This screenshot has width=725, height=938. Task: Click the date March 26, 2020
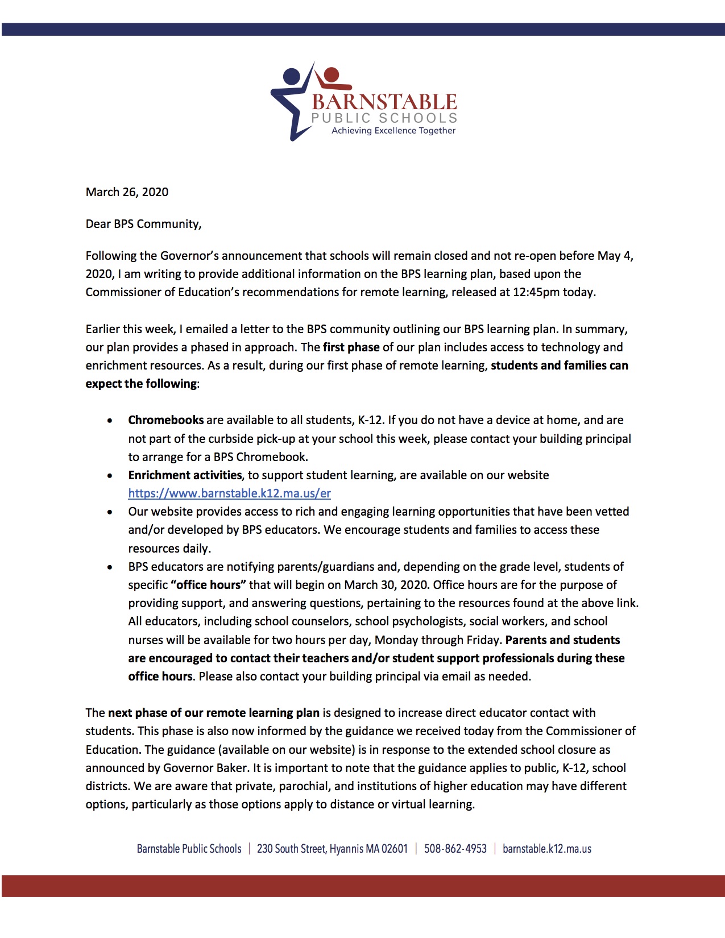pos(127,192)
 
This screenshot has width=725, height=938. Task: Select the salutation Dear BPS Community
pos(143,224)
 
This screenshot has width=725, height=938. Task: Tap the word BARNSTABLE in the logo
pos(384,102)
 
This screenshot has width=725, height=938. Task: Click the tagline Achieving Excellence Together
pos(393,131)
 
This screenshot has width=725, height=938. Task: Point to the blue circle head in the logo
pos(291,77)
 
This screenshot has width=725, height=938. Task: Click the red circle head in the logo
pos(331,73)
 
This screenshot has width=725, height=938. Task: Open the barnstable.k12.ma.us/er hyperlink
pos(229,493)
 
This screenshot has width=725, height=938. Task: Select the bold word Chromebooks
pos(165,420)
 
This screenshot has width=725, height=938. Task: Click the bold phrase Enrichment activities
pos(185,475)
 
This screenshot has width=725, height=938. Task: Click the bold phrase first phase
pos(351,347)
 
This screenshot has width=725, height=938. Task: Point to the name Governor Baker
pos(205,768)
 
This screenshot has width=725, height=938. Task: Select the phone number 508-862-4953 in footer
pos(455,849)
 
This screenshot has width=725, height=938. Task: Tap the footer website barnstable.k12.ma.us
pos(546,849)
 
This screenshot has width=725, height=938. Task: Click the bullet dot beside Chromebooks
pos(110,421)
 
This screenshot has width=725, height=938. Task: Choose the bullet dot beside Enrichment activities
pos(110,476)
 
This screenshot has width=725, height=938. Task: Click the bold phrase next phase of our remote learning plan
pos(214,713)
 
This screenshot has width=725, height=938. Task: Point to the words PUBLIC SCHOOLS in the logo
pos(384,118)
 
